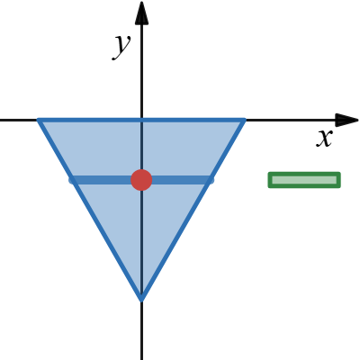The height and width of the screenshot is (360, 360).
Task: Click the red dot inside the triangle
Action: click(141, 180)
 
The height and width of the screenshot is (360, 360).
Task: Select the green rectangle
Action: click(304, 180)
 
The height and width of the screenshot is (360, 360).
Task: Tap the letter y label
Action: click(121, 46)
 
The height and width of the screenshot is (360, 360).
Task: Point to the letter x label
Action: click(325, 139)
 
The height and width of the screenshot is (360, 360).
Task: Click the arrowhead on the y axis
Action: click(141, 13)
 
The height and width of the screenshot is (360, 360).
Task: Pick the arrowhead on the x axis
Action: click(346, 120)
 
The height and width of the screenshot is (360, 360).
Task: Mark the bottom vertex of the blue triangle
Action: click(141, 300)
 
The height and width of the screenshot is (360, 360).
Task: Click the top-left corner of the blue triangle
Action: click(39, 120)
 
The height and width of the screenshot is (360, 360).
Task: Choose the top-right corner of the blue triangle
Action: click(245, 120)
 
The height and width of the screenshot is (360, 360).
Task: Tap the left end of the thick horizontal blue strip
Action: click(71, 180)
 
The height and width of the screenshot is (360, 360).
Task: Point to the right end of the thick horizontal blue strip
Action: click(212, 180)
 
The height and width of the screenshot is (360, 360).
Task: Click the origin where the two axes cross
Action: click(141, 120)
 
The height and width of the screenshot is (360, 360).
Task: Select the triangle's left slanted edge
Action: click(90, 210)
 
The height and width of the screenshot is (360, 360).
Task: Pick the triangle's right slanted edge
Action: click(193, 210)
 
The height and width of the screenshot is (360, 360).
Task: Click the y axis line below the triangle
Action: click(141, 330)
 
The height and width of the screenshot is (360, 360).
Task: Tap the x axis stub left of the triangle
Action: click(19, 120)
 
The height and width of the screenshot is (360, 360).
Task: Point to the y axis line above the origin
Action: click(141, 71)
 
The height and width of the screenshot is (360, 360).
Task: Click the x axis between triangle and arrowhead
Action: click(291, 120)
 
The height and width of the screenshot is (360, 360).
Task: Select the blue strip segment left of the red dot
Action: click(102, 180)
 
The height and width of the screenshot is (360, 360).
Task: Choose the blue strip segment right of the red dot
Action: click(183, 180)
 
